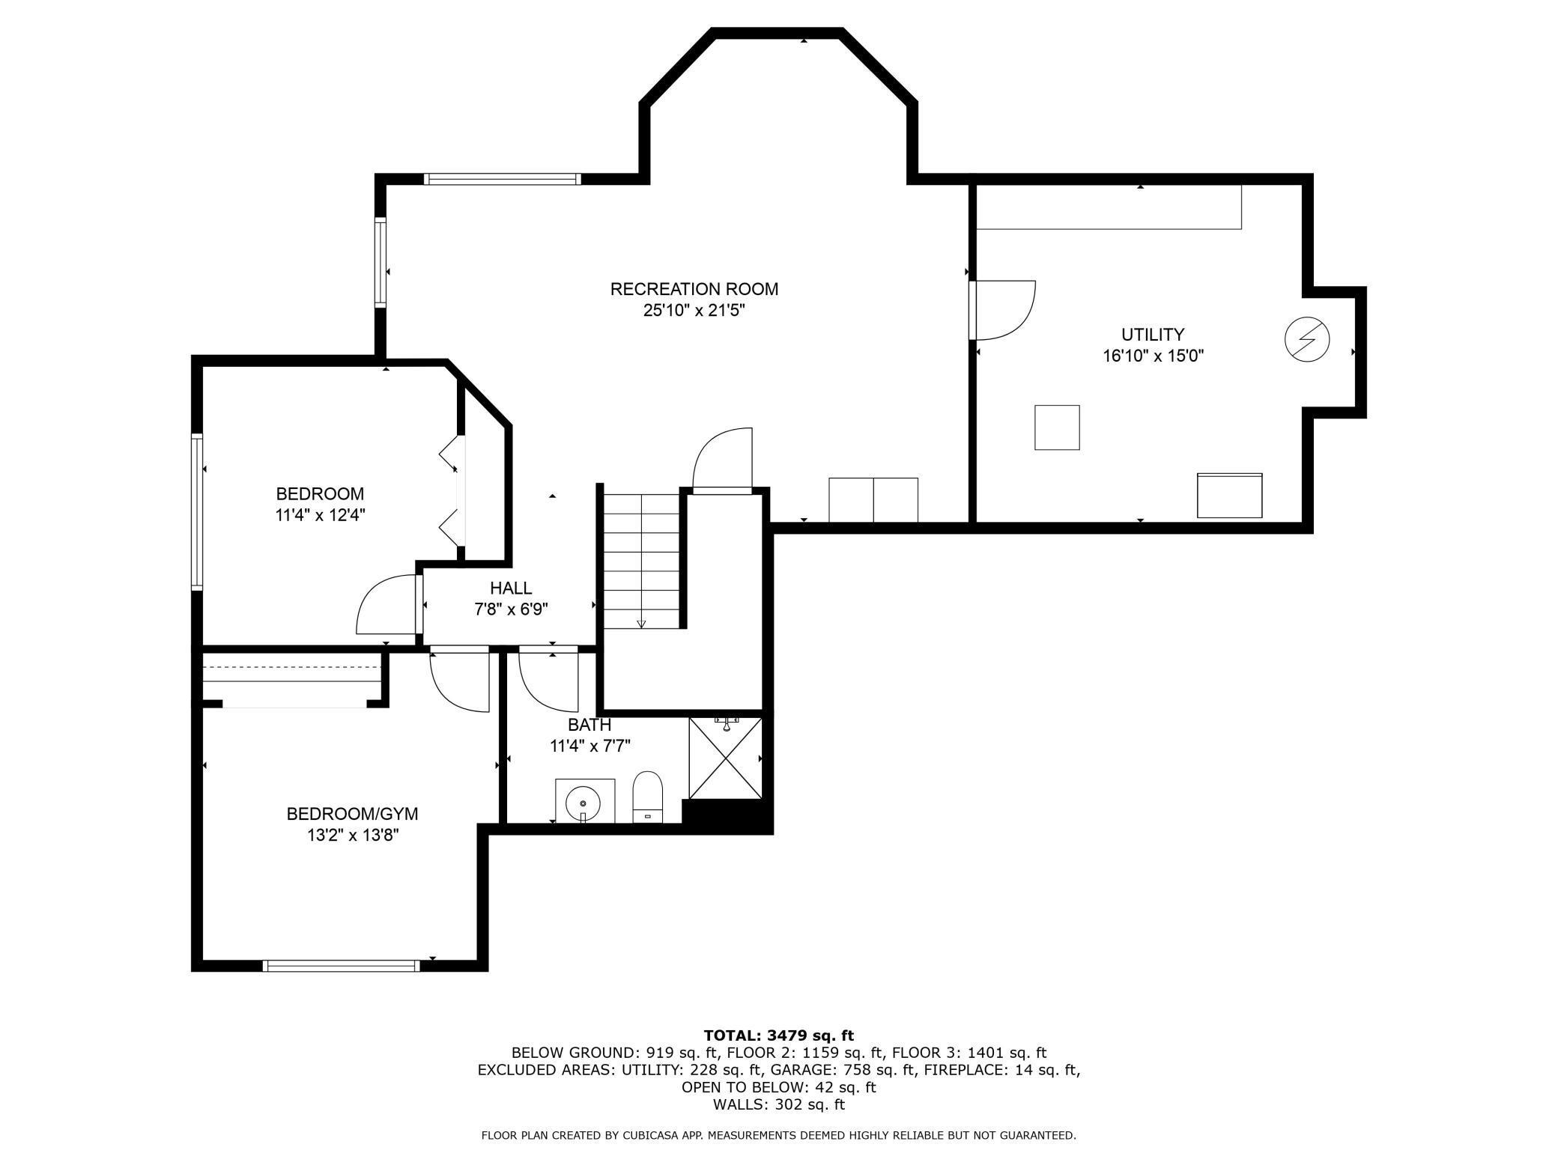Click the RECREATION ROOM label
tap(694, 289)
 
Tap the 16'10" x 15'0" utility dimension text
tap(1153, 356)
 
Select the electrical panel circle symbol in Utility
tap(1307, 340)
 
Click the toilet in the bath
tap(648, 797)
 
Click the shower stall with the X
tap(724, 758)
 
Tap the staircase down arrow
tap(641, 623)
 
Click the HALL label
tap(511, 588)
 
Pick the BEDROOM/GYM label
tap(352, 814)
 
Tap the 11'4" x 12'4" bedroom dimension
tap(320, 515)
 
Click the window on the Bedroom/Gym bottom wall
tap(342, 966)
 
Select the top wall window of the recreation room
tap(502, 179)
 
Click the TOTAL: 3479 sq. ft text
tap(778, 1035)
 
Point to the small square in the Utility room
tap(1057, 428)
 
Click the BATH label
tap(589, 725)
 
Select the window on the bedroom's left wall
tap(197, 512)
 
